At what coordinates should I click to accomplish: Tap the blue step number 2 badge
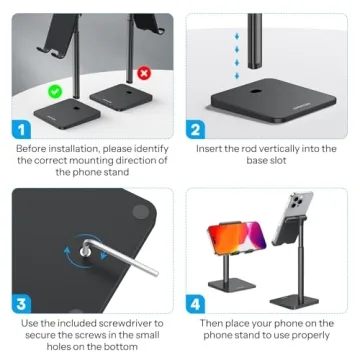[x=197, y=129]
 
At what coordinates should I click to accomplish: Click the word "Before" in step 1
[x=33, y=148]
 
